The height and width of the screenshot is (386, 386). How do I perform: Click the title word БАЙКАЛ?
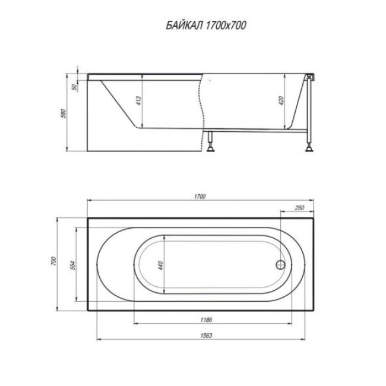point(184,26)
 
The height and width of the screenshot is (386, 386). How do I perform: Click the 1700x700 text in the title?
point(226,26)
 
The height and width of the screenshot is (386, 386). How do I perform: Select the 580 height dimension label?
point(64,113)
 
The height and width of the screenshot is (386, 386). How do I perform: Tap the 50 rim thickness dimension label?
point(74,87)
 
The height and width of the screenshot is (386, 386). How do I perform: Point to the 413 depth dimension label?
point(139,101)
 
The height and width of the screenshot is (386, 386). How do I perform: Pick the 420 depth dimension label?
point(281,101)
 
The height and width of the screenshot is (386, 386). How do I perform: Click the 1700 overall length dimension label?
point(200,197)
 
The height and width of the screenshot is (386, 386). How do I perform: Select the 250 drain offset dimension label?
point(299,208)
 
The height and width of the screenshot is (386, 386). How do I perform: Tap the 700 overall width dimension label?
point(53,261)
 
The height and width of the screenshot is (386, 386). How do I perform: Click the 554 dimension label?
point(73,265)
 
